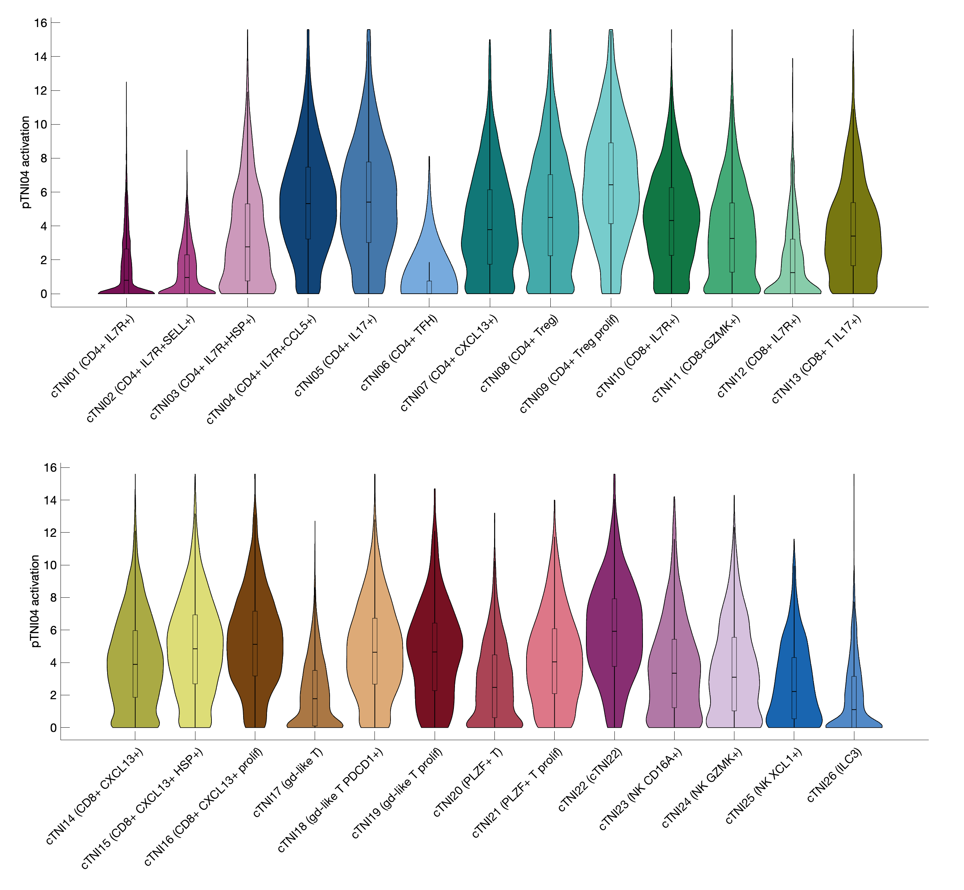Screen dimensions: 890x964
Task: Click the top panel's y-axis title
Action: pyautogui.click(x=26, y=162)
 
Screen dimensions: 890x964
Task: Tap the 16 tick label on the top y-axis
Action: pyautogui.click(x=40, y=23)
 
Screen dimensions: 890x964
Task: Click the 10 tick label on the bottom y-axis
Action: pyautogui.click(x=49, y=565)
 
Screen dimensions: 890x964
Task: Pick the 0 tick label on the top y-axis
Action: pyautogui.click(x=43, y=294)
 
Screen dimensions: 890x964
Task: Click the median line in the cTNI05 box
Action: pyautogui.click(x=368, y=202)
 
